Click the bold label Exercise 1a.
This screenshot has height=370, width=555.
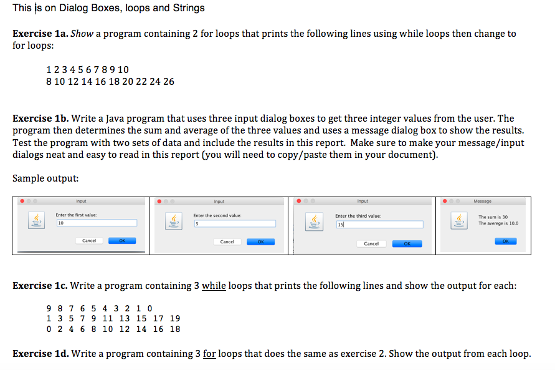pos(40,34)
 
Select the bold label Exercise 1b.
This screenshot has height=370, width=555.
pos(40,119)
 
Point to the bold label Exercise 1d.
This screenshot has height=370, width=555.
pos(40,354)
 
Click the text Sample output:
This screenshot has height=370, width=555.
pos(45,178)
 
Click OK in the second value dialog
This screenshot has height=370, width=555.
pos(260,241)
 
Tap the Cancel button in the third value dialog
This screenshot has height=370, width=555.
pos(371,243)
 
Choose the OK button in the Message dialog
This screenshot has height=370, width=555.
pos(505,241)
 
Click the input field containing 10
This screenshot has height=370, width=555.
pos(97,222)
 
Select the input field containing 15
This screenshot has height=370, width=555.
pos(379,224)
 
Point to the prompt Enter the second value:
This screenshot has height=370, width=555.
pos(217,216)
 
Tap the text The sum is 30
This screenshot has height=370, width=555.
pos(493,217)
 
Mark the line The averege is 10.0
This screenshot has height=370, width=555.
pos(498,223)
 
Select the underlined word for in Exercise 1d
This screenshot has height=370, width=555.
pos(210,354)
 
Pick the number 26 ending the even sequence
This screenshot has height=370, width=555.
pos(169,82)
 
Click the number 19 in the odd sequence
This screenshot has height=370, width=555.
pos(175,318)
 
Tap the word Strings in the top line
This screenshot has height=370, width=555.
pos(187,8)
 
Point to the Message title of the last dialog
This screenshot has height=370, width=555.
pos(482,201)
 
